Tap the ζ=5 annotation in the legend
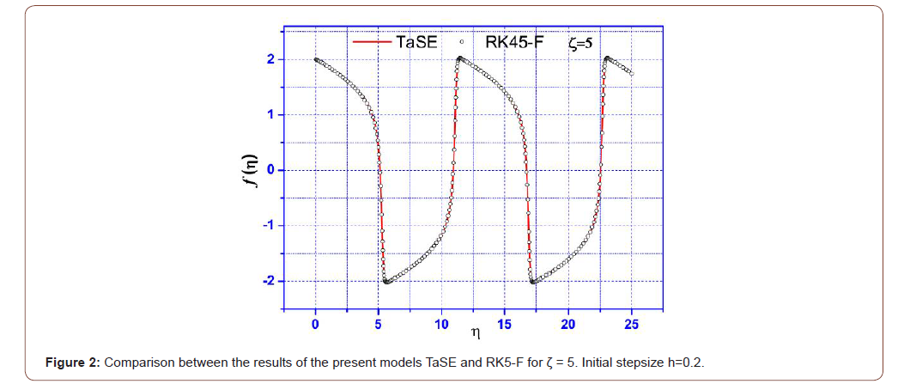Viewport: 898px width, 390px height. click(x=580, y=41)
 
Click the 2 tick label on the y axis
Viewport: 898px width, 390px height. click(x=269, y=59)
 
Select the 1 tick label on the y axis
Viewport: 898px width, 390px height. click(x=269, y=114)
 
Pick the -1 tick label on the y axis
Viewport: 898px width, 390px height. click(x=267, y=225)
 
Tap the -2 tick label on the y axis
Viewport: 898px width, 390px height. click(x=267, y=281)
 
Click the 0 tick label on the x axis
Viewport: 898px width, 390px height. click(x=315, y=324)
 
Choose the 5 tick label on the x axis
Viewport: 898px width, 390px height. click(x=379, y=324)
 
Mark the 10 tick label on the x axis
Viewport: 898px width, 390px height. click(x=441, y=324)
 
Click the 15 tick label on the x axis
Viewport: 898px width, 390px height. click(x=505, y=324)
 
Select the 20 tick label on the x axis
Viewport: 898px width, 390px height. click(x=568, y=324)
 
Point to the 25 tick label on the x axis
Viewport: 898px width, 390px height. click(x=631, y=324)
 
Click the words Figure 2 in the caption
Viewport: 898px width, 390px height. click(x=73, y=363)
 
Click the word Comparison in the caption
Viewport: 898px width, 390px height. click(x=137, y=363)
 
